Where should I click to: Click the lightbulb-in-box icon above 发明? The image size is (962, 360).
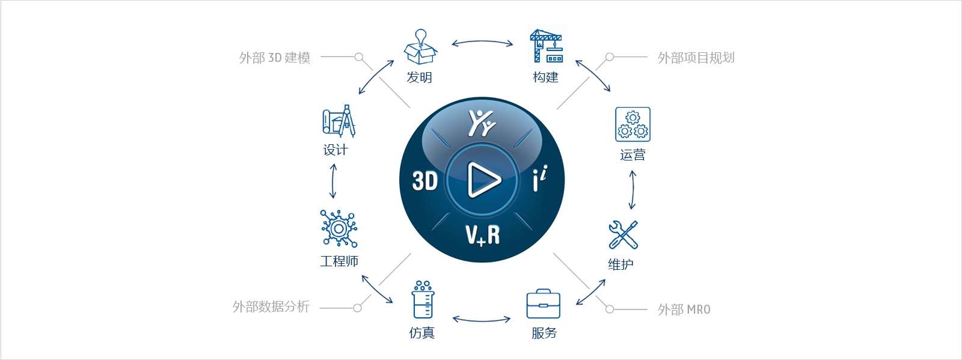point(420,47)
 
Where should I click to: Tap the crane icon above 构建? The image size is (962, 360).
point(547,46)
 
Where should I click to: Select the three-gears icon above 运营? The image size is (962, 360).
point(633,124)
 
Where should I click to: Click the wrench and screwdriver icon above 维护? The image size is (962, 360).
point(623,235)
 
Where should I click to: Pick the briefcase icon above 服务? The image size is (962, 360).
point(544,304)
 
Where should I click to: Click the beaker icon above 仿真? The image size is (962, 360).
point(423,299)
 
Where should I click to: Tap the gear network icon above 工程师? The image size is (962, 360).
point(339,228)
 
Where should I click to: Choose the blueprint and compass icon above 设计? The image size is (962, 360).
point(339,121)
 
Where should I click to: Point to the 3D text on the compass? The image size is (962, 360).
point(424,181)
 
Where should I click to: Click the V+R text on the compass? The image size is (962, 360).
point(483,236)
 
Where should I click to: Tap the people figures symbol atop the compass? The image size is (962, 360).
point(482,123)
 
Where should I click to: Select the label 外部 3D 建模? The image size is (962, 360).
point(274,58)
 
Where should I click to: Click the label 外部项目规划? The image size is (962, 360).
point(696,58)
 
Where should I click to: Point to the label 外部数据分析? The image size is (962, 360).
point(271,307)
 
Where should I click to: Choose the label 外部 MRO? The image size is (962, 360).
point(684,310)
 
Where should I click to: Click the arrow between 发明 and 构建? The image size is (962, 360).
point(482,41)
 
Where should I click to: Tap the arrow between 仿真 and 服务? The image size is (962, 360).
point(482,320)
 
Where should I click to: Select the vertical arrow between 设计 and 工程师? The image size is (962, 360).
point(333,181)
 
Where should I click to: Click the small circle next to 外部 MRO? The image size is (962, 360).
point(610,310)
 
